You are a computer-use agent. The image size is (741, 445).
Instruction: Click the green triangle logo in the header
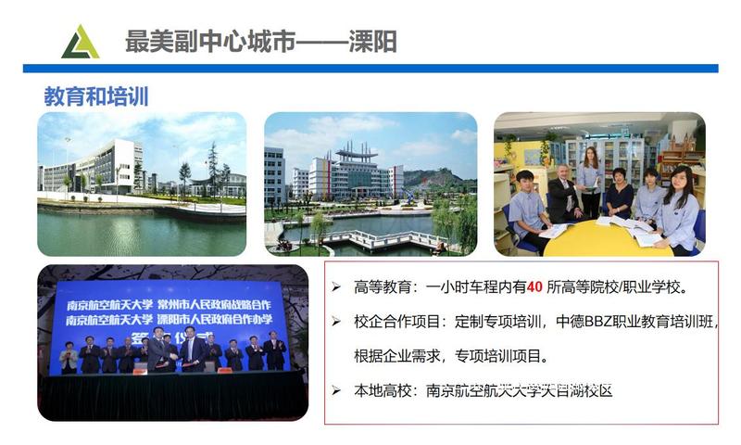pos(80,43)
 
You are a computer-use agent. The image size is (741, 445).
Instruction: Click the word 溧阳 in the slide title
pos(374,42)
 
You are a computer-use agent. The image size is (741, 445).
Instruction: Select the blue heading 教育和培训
pos(96,96)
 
